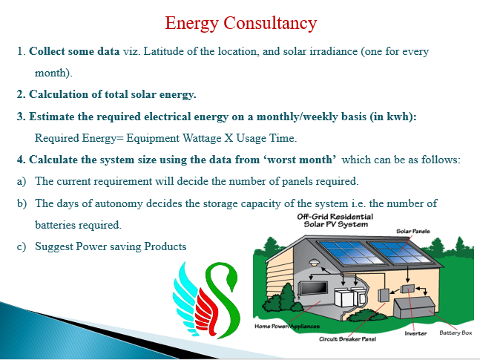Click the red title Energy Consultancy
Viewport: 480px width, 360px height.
pos(241,24)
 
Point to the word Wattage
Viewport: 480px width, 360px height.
pos(202,139)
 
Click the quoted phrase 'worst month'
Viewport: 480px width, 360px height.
pos(300,160)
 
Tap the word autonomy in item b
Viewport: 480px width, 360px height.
pos(119,203)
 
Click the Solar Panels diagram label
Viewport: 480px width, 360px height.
pos(413,232)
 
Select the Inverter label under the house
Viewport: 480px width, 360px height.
pos(415,333)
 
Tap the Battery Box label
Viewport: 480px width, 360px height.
pos(456,333)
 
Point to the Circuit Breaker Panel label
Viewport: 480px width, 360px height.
pos(347,339)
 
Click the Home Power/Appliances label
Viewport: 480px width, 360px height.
pos(287,327)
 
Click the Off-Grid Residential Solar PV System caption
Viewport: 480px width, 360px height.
pos(335,220)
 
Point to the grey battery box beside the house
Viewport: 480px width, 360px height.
pos(415,307)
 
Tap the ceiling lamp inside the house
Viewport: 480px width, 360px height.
pos(314,262)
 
